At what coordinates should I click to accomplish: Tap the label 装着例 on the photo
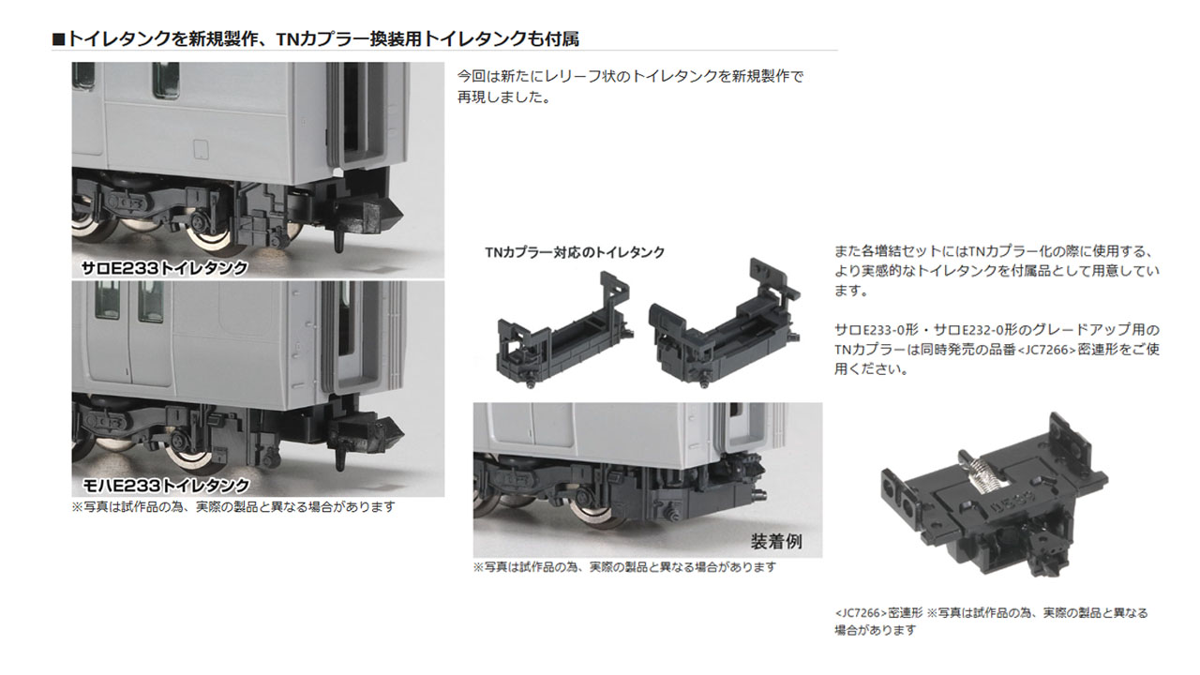[x=775, y=541]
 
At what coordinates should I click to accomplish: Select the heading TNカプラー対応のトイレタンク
[x=575, y=252]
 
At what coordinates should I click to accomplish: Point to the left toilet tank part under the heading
[x=558, y=328]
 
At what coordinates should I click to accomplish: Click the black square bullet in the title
[x=58, y=38]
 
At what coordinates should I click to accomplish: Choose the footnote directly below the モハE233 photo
[x=233, y=506]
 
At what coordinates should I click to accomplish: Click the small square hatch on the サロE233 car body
[x=199, y=148]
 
